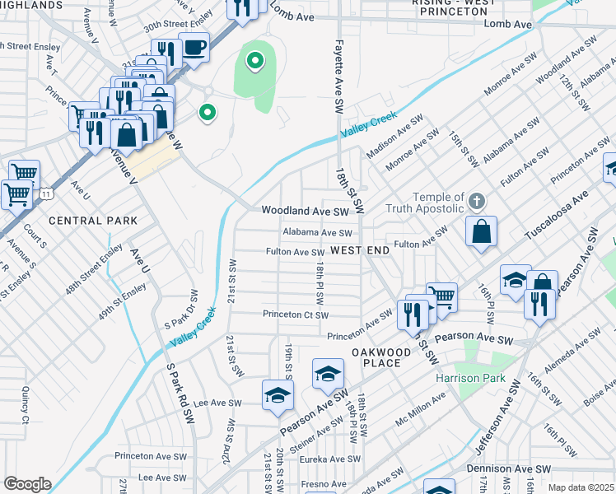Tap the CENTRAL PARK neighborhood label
pyautogui.click(x=93, y=221)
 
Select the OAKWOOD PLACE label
pyautogui.click(x=381, y=358)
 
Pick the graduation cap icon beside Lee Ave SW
pyautogui.click(x=278, y=396)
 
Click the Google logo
pyautogui.click(x=27, y=483)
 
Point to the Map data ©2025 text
pyautogui.click(x=581, y=487)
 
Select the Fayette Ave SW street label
pyautogui.click(x=338, y=77)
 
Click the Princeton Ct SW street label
pyautogui.click(x=296, y=315)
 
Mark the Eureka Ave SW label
pyautogui.click(x=330, y=459)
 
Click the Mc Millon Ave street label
pyautogui.click(x=420, y=409)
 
